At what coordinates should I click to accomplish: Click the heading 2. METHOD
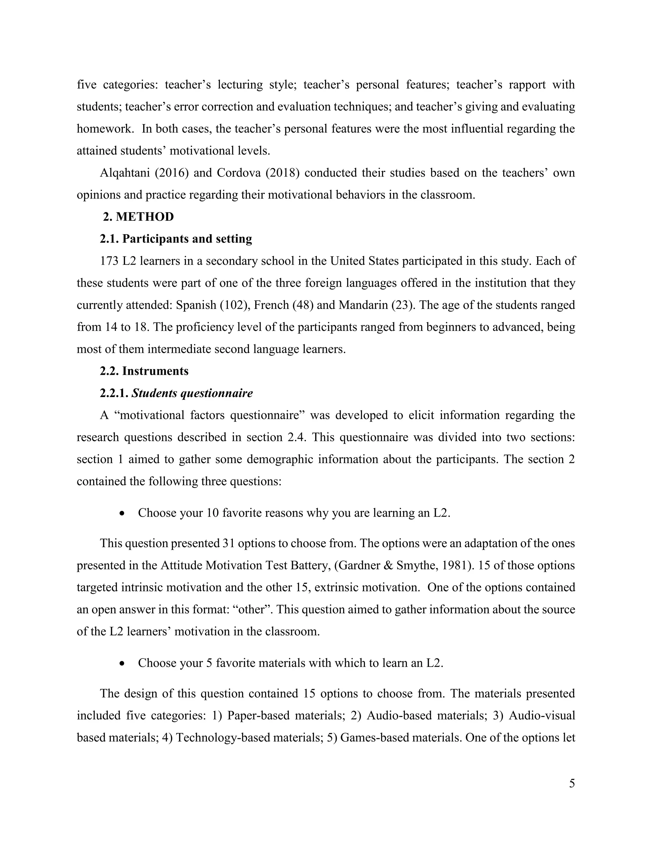(138, 217)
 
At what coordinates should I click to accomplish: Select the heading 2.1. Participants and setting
(176, 239)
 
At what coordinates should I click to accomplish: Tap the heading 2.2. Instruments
(144, 371)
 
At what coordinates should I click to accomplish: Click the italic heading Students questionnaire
(192, 393)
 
